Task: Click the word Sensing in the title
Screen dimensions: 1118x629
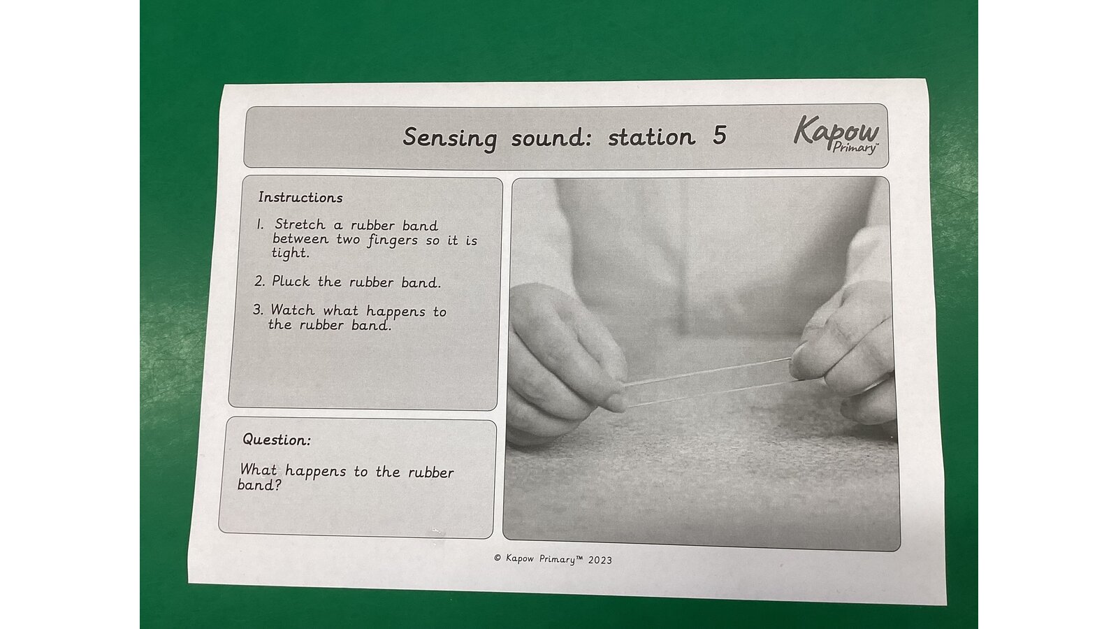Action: [x=450, y=138]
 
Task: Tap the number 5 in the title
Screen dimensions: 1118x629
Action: [x=719, y=136]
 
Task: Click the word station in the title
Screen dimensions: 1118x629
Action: [x=651, y=137]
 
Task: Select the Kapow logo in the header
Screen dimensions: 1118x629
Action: [x=836, y=134]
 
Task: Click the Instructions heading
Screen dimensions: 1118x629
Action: [x=300, y=197]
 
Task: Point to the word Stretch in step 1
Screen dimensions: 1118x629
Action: [x=300, y=224]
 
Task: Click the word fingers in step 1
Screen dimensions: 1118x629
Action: [x=393, y=240]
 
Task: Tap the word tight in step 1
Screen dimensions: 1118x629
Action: [x=291, y=253]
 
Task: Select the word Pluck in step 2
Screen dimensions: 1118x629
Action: [x=291, y=282]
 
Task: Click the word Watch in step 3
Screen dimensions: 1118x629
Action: [x=293, y=310]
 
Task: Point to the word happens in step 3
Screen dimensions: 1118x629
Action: [x=395, y=312]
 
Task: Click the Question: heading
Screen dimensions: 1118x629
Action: [x=277, y=440]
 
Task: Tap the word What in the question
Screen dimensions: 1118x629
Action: [x=259, y=470]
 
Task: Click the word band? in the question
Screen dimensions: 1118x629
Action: [x=259, y=485]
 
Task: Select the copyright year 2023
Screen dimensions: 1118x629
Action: [x=600, y=560]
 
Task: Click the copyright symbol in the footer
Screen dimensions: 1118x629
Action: [x=498, y=558]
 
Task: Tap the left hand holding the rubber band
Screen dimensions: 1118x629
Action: [x=564, y=362]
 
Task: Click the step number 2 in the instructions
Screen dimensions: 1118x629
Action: [x=259, y=281]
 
